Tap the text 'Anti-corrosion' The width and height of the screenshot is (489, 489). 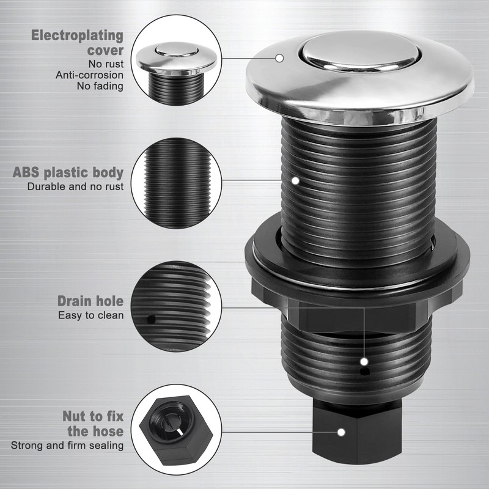pyautogui.click(x=90, y=75)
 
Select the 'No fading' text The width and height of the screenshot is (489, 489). pyautogui.click(x=100, y=86)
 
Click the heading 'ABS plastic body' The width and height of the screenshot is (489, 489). pyautogui.click(x=68, y=172)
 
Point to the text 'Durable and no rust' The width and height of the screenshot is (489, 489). pyautogui.click(x=75, y=186)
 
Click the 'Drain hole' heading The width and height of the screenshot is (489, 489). pyautogui.click(x=90, y=301)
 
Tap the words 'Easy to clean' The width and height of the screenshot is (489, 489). pyautogui.click(x=90, y=315)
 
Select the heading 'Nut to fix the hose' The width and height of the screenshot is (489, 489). pyautogui.click(x=92, y=424)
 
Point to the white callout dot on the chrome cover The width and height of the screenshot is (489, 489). pyautogui.click(x=279, y=59)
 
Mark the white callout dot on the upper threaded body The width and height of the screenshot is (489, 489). pyautogui.click(x=295, y=180)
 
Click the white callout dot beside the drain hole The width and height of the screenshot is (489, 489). pyautogui.click(x=365, y=361)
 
